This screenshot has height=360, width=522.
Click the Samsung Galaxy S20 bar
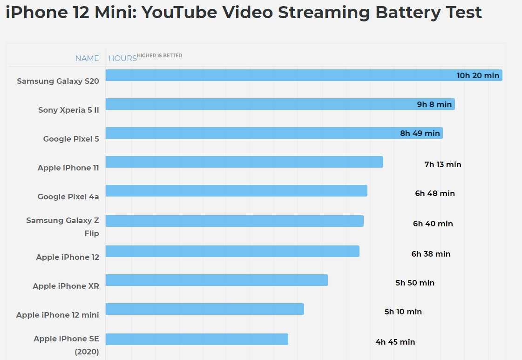click(x=279, y=75)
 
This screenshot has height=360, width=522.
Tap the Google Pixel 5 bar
click(x=251, y=133)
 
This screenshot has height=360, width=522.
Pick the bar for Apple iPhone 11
click(x=244, y=162)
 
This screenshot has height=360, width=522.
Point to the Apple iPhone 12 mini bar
click(x=204, y=309)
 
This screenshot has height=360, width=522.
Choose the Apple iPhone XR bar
click(x=217, y=280)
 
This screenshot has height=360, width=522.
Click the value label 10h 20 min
click(x=478, y=75)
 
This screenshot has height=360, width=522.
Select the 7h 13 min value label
click(x=442, y=164)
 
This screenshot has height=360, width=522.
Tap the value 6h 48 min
click(x=435, y=193)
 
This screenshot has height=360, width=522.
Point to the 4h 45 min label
click(x=395, y=342)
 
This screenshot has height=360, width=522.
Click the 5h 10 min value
click(x=403, y=312)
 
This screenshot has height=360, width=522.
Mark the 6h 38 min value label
click(x=431, y=254)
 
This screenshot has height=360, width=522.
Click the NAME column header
click(x=87, y=58)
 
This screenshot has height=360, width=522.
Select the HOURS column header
click(x=122, y=58)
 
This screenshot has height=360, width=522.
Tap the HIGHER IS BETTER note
click(x=160, y=56)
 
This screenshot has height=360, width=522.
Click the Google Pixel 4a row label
click(x=68, y=197)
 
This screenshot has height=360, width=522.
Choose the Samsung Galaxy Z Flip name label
click(x=63, y=226)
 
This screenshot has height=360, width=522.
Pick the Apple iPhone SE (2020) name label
click(x=66, y=345)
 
